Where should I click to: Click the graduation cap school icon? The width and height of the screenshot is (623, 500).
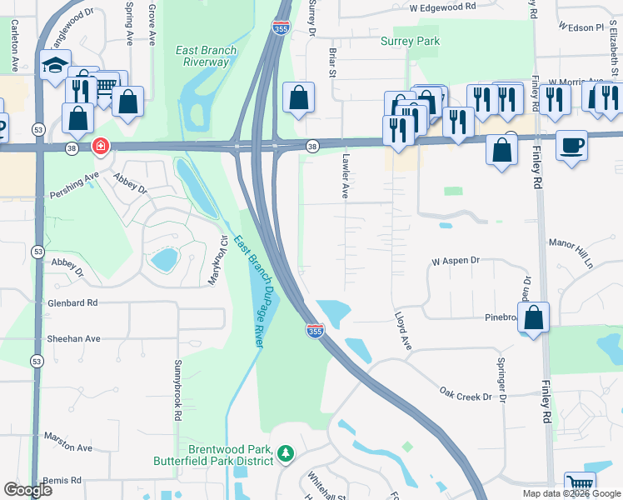(55, 66)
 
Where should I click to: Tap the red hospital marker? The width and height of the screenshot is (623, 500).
(101, 147)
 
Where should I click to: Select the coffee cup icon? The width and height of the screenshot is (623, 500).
(571, 145)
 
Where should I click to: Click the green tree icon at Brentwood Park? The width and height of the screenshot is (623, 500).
(287, 454)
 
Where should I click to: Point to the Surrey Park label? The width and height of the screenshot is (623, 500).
(409, 41)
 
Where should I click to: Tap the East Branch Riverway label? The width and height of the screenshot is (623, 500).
(206, 56)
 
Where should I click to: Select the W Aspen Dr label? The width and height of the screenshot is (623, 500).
(456, 261)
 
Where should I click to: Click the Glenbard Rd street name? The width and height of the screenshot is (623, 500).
(72, 303)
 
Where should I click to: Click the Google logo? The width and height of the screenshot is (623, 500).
(28, 490)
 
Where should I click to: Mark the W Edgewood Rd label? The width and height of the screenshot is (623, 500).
(441, 7)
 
